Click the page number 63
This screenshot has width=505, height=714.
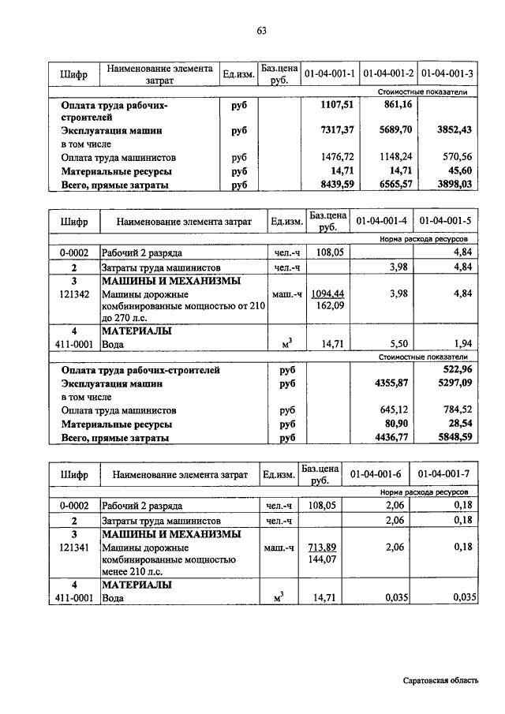tap(261, 31)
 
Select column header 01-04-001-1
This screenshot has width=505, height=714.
tap(329, 74)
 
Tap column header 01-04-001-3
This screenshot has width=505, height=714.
tap(447, 74)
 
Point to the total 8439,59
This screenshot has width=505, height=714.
tap(335, 185)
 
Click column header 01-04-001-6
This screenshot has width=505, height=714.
tap(375, 475)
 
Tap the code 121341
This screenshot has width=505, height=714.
tap(73, 547)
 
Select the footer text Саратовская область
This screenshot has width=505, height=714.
tap(439, 681)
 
